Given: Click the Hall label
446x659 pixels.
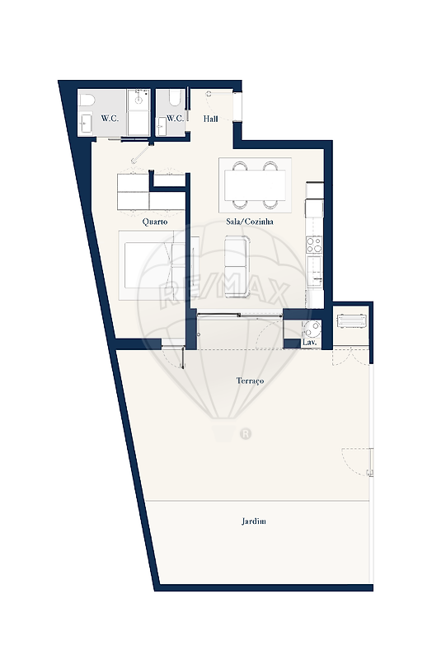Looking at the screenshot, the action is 211,119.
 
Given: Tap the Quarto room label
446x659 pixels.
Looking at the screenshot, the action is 155,222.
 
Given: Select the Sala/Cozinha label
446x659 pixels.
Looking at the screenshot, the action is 250,222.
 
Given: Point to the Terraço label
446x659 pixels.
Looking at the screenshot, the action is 250,381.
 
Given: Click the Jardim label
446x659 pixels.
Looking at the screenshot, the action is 254,521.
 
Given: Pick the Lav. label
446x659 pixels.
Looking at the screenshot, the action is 310,343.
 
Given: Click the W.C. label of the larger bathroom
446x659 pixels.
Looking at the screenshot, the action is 110,119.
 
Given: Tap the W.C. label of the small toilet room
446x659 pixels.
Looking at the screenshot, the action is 175,119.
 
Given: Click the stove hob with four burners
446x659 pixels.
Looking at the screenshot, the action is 314,245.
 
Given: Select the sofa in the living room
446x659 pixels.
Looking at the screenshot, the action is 237,267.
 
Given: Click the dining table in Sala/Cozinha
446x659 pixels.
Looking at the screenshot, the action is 255,185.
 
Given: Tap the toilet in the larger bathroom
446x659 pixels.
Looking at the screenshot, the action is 86,100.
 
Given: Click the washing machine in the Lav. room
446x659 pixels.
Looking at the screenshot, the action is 312,329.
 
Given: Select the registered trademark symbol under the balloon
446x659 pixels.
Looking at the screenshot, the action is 246,433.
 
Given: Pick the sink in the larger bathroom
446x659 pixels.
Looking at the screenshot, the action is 86,124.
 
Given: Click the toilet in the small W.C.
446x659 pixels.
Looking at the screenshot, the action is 175,98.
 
